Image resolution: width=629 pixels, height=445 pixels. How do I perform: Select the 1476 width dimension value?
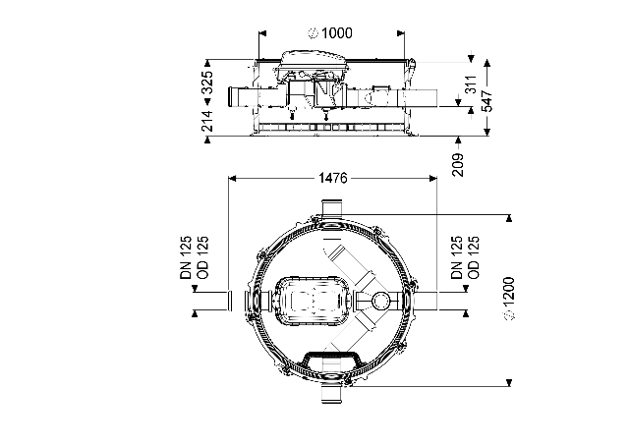pyautogui.click(x=332, y=178)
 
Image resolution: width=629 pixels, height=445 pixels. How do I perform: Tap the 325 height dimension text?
pyautogui.click(x=207, y=83)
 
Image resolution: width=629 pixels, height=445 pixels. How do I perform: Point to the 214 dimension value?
pyautogui.click(x=207, y=121)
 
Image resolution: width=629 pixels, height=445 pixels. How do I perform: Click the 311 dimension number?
pyautogui.click(x=471, y=83)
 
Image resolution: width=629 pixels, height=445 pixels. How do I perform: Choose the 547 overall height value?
pyautogui.click(x=486, y=100)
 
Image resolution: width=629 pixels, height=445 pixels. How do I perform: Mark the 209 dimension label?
pyautogui.click(x=458, y=164)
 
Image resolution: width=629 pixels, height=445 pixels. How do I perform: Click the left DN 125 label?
pyautogui.click(x=186, y=257)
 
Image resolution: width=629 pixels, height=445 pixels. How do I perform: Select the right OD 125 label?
pyautogui.click(x=474, y=257)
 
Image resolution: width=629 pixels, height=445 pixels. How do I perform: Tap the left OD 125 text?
pyautogui.click(x=202, y=257)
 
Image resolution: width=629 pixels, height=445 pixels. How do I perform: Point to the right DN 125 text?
pyautogui.click(x=456, y=257)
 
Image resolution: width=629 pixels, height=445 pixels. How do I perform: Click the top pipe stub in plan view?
pyautogui.click(x=331, y=207)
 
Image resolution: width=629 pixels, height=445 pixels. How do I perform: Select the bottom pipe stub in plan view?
pyautogui.click(x=331, y=395)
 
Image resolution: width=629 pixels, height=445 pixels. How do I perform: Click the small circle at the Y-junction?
pyautogui.click(x=380, y=300)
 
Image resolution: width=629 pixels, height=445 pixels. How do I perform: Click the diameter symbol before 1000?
pyautogui.click(x=313, y=33)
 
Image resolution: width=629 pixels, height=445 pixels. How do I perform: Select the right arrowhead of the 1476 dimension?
pyautogui.click(x=432, y=178)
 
